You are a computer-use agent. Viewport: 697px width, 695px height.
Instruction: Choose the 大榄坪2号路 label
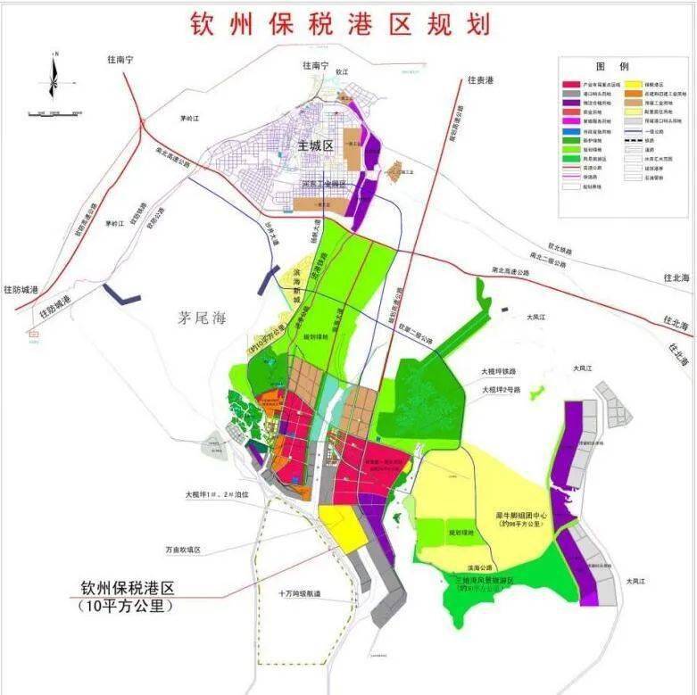504,390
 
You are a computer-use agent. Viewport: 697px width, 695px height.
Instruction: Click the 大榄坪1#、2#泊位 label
217,493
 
